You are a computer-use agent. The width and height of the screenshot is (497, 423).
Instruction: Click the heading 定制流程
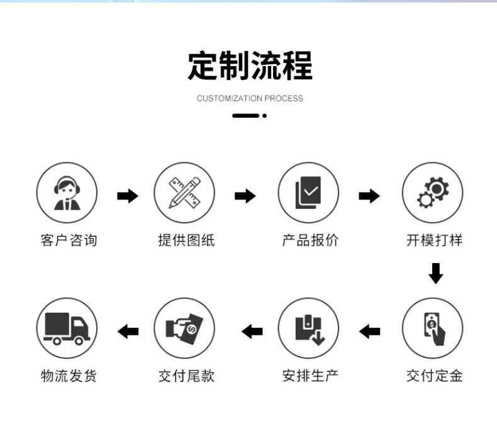[x=250, y=67]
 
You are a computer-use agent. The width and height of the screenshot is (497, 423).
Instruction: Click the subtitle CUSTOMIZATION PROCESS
[x=250, y=98]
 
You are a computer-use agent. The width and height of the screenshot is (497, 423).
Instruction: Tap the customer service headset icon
[x=67, y=193]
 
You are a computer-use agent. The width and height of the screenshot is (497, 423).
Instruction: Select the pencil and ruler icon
[x=184, y=193]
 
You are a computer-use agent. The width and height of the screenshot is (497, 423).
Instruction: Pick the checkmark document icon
[x=308, y=193]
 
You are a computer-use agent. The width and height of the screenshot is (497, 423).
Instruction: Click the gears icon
[x=432, y=193]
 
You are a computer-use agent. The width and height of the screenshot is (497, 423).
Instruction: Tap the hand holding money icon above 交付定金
[x=432, y=328]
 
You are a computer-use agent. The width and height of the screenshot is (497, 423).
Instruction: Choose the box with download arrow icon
[x=308, y=328]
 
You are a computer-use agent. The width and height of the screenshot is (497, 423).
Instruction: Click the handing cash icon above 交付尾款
[x=184, y=328]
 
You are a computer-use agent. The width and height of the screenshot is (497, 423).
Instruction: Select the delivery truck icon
[x=67, y=328]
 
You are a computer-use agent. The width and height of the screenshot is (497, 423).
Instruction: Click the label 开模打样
[x=433, y=240]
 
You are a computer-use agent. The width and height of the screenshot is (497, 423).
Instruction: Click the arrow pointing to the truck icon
[x=128, y=330]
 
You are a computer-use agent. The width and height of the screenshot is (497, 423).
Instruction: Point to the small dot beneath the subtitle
[x=265, y=116]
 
